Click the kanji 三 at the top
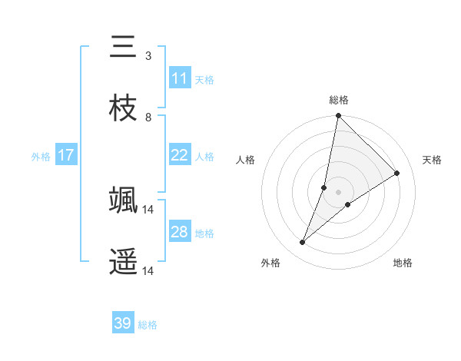point(124,48)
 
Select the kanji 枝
point(124,108)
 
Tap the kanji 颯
point(124,200)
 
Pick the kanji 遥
point(124,262)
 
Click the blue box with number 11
point(180,78)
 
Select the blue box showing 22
point(180,155)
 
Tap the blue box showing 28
point(180,232)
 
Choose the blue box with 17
point(66,155)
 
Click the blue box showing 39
point(123,323)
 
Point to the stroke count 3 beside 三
point(148,55)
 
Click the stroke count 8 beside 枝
point(148,117)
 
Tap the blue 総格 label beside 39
point(148,325)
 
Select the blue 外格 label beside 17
point(41,156)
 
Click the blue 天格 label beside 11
point(204,79)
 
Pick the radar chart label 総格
point(339,100)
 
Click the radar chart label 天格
point(432,160)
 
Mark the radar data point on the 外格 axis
point(303,243)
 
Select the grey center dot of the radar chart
point(339,192)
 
